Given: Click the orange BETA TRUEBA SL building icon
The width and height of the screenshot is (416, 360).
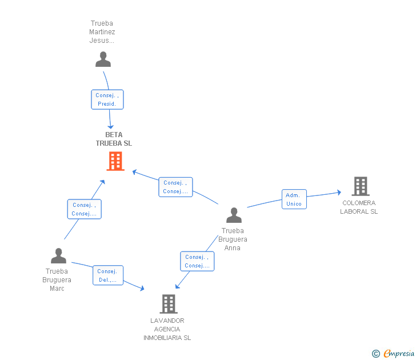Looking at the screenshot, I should click(115, 161).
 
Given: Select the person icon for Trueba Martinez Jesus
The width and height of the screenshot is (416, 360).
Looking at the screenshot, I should click(103, 59).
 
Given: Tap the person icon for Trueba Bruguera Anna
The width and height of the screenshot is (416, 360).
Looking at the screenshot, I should click(234, 215).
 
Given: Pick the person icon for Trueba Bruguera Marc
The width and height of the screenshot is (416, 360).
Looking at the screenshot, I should click(58, 256).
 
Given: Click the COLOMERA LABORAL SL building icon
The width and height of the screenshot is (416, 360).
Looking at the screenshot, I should click(360, 186).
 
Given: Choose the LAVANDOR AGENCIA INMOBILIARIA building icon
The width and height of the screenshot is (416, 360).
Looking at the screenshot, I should click(168, 303).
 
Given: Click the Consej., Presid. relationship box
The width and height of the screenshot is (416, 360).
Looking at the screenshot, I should click(107, 99).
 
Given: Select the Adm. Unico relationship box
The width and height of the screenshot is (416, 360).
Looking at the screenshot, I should click(294, 199).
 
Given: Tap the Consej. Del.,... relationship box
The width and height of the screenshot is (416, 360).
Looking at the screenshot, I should click(107, 275).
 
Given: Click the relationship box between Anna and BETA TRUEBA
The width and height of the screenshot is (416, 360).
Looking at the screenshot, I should click(175, 187).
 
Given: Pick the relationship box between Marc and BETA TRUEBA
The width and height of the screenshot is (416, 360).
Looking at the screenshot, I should click(84, 209).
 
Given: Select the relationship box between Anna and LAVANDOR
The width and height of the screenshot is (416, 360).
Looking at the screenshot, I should click(197, 261).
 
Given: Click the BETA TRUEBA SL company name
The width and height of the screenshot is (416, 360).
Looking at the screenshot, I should click(114, 139).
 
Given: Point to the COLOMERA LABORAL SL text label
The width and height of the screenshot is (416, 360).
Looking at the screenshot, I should click(359, 207).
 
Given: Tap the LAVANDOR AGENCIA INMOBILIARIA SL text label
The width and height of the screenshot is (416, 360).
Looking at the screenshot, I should click(167, 329).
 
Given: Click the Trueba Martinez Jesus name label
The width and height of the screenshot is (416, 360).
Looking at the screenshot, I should click(102, 32).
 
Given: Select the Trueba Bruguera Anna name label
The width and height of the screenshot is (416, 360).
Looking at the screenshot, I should click(233, 239).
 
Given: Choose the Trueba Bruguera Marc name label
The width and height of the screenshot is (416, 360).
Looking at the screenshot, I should click(57, 280).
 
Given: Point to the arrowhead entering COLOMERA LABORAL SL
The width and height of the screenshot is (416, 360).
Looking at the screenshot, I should click(339, 193).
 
